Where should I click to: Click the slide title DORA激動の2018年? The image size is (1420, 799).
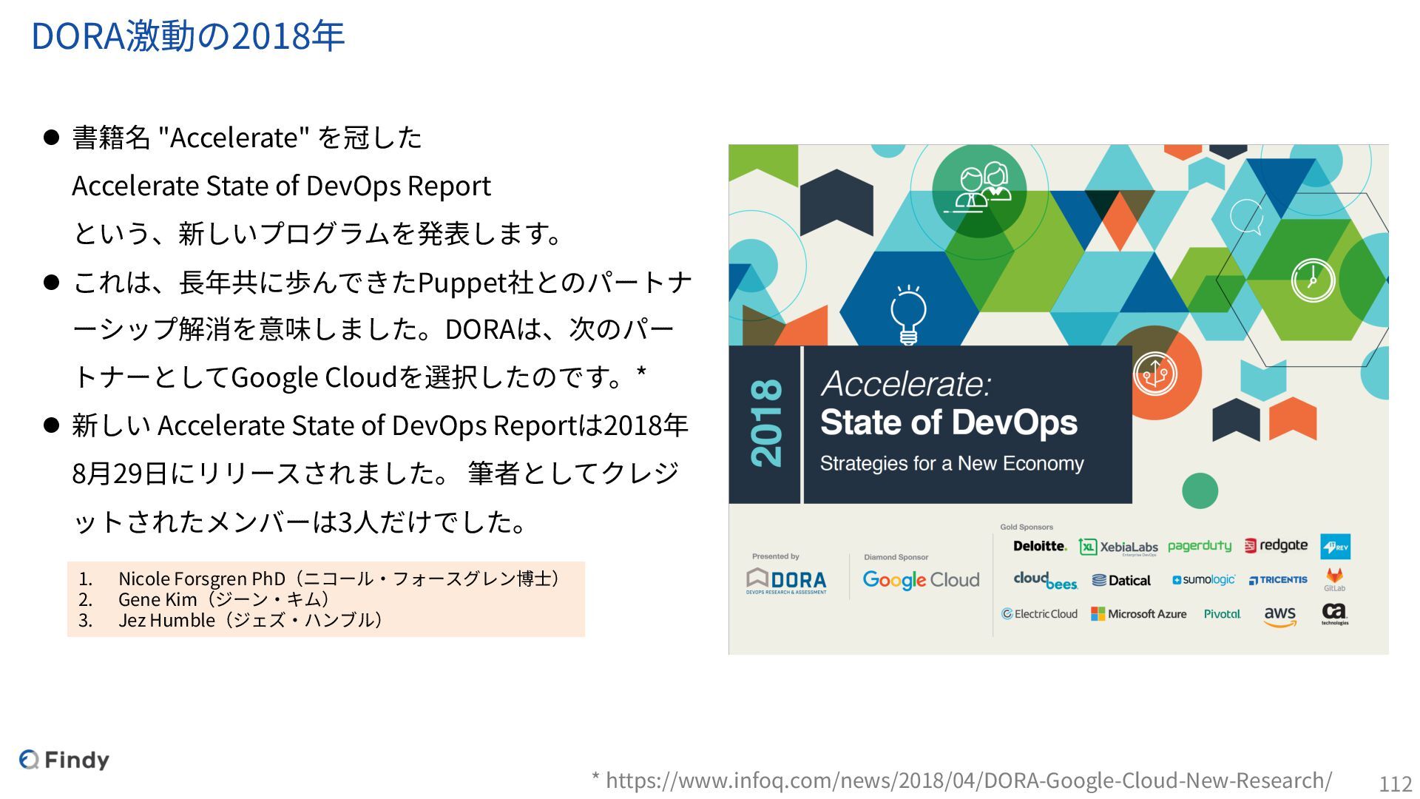(188, 36)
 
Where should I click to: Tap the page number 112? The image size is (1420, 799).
(1396, 783)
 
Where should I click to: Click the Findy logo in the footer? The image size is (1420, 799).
(64, 760)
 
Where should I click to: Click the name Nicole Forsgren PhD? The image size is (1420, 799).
(201, 579)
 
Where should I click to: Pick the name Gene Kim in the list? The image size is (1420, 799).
(158, 599)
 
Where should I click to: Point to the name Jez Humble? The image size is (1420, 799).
(166, 620)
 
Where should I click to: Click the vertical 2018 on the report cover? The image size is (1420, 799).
(766, 423)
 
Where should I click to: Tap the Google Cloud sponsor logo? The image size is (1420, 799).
(921, 580)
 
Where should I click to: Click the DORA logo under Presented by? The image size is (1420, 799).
(786, 581)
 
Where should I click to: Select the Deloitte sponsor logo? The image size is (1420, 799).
(1040, 546)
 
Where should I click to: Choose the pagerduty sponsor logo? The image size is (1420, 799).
(1200, 546)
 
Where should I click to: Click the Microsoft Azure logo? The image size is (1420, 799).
(1139, 614)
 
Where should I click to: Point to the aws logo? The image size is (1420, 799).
(1279, 616)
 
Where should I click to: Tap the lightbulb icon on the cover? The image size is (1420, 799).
(908, 315)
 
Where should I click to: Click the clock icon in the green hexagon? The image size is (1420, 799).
(1313, 280)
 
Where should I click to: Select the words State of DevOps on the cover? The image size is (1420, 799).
(948, 423)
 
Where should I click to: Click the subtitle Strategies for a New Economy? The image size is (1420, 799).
(951, 464)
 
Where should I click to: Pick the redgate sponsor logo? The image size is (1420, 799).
(1276, 546)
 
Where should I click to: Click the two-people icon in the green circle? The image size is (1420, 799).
(980, 188)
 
